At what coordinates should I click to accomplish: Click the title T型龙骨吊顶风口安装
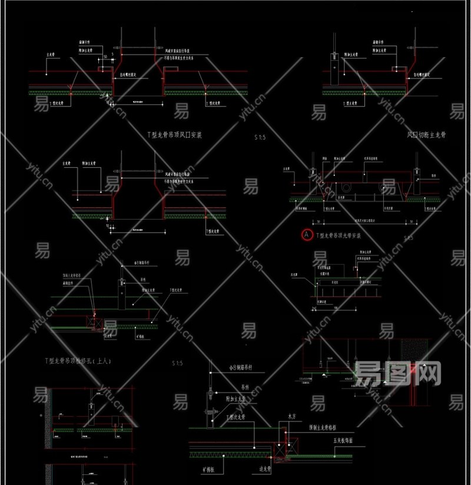pyautogui.click(x=174, y=135)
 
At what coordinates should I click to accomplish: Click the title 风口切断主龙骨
pyautogui.click(x=427, y=135)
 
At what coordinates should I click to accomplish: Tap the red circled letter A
pyautogui.click(x=307, y=235)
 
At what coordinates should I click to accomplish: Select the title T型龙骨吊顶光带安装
pyautogui.click(x=338, y=235)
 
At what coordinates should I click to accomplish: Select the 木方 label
pyautogui.click(x=291, y=416)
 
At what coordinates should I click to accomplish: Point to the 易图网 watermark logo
pyautogui.click(x=400, y=373)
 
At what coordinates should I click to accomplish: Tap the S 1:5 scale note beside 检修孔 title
pyautogui.click(x=177, y=363)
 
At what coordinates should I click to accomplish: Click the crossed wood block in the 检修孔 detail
pyautogui.click(x=92, y=321)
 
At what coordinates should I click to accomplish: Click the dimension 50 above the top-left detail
pyautogui.click(x=105, y=56)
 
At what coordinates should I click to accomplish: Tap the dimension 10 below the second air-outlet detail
pyautogui.click(x=108, y=225)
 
